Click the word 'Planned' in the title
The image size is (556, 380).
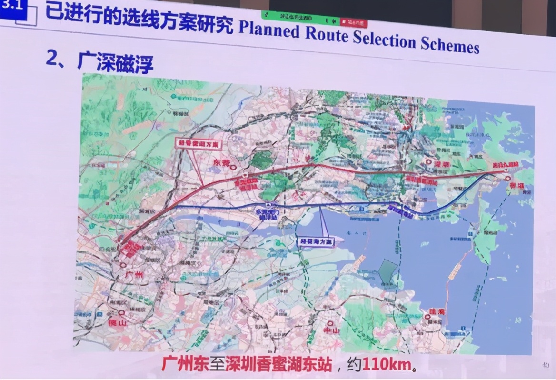tap(268, 30)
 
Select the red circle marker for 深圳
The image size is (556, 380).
tap(427, 163)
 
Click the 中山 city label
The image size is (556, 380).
tap(330, 331)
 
